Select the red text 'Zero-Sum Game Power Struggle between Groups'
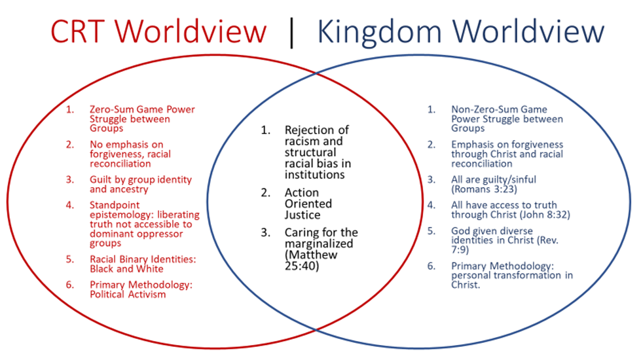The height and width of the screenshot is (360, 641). tap(142, 118)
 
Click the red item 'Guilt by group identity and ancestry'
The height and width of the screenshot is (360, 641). tap(141, 185)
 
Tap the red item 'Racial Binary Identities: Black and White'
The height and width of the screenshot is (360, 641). tap(143, 264)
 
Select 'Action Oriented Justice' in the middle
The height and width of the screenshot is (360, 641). tap(308, 204)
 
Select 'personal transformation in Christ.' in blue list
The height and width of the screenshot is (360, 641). tap(511, 280)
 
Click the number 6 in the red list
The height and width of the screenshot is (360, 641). tap(70, 284)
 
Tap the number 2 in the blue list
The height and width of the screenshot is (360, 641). tap(431, 145)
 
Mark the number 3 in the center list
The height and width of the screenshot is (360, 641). tap(266, 232)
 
